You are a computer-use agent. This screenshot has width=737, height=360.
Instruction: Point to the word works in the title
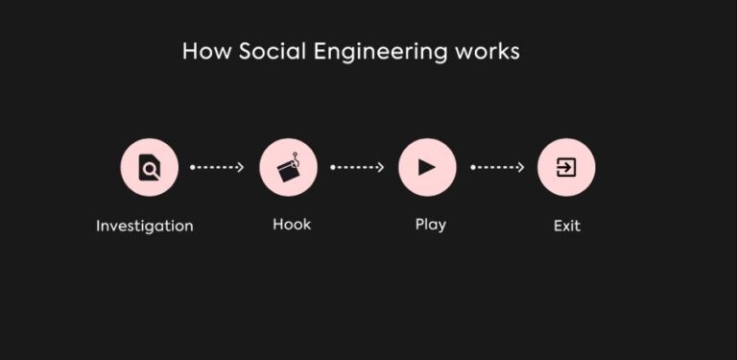487,51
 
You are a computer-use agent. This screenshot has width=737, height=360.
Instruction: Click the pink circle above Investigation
149,167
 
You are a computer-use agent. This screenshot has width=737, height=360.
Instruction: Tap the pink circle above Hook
288,167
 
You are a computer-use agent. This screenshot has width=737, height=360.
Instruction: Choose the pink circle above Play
427,167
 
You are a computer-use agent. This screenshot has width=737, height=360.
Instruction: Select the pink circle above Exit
566,167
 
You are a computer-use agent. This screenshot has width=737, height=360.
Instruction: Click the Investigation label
145,227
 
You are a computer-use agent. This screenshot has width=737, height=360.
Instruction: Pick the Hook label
292,225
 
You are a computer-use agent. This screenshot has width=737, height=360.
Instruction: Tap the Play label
431,226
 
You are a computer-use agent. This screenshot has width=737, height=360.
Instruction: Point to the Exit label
567,227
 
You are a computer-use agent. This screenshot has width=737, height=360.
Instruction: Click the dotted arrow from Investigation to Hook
218,167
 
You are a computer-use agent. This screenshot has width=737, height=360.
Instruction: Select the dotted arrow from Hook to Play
357,167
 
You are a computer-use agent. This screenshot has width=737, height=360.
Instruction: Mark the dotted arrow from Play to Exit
497,167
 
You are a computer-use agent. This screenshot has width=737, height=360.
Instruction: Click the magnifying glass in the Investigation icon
151,171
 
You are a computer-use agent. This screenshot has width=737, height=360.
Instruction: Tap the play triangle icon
428,167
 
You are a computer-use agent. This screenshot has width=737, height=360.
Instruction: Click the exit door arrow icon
566,167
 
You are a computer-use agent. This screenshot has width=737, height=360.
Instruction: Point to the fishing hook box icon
287,170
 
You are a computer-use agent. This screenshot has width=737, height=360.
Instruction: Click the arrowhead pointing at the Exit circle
521,167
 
